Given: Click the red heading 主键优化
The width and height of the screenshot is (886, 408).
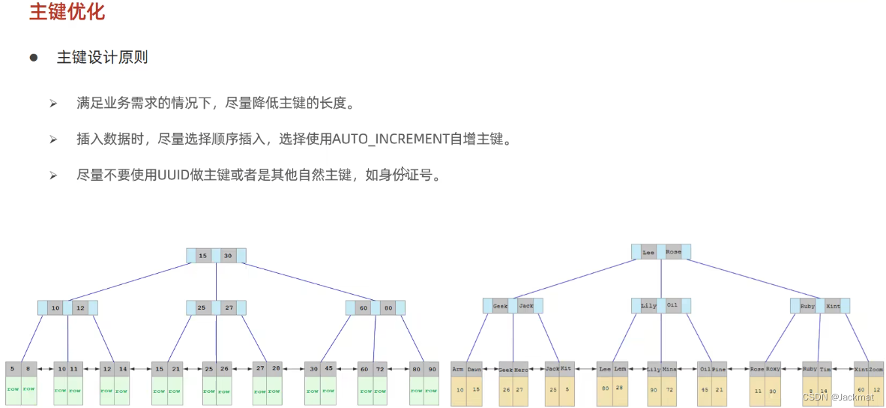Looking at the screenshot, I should click(67, 13).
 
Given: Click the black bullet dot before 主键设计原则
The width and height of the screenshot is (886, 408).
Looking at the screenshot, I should click(34, 58).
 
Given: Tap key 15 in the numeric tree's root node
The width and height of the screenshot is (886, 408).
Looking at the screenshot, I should click(202, 256).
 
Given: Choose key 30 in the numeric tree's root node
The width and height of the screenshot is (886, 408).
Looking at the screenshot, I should click(228, 256).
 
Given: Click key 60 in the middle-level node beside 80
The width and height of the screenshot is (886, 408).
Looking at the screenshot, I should click(363, 307).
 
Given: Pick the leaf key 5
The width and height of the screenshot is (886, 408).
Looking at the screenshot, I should click(13, 368).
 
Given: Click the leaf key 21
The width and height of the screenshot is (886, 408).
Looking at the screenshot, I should click(175, 368).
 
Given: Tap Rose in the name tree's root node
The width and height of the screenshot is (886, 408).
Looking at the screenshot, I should click(673, 252).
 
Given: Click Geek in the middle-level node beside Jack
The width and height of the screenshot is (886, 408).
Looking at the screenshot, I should click(500, 306).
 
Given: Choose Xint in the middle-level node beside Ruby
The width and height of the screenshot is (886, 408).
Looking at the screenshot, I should click(833, 306).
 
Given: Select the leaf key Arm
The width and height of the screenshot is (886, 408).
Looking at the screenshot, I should click(457, 369).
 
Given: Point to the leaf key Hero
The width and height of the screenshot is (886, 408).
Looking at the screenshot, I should click(520, 369).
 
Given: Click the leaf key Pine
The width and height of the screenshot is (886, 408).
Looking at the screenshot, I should click(719, 369).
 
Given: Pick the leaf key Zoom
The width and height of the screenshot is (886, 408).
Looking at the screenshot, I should click(876, 369).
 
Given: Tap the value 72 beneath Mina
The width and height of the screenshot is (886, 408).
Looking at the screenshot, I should click(668, 389).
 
